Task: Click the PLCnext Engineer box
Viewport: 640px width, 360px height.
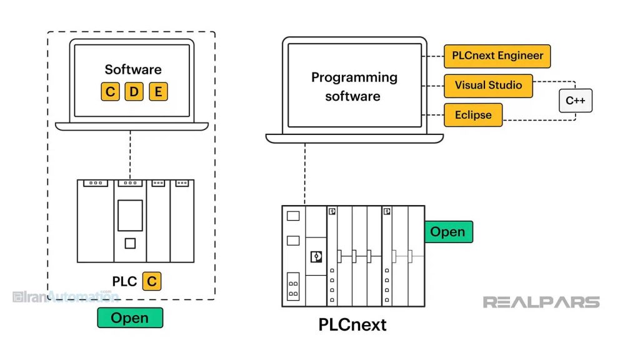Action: click(x=497, y=56)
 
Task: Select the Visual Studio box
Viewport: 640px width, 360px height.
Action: click(x=488, y=86)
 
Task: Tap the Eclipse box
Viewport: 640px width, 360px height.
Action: click(x=473, y=115)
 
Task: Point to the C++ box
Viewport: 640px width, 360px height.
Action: click(x=575, y=100)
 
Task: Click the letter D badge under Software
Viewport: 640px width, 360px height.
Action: click(x=134, y=92)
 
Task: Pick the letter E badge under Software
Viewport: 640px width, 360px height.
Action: click(x=158, y=92)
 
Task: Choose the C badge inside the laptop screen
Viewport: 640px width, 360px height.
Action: click(x=110, y=92)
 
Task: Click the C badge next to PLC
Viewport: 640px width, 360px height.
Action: click(x=151, y=281)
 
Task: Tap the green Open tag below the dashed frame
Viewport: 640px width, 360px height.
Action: click(x=130, y=317)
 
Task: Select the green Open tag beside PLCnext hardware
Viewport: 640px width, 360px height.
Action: click(x=447, y=232)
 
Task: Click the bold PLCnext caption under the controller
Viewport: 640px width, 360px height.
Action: click(x=352, y=325)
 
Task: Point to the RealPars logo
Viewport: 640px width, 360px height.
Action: click(x=541, y=302)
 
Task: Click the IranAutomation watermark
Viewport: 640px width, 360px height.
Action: click(x=65, y=297)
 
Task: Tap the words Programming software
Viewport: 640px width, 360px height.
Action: click(x=354, y=87)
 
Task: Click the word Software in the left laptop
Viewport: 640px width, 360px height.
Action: click(x=133, y=69)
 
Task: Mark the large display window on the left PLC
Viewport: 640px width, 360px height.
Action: click(x=130, y=215)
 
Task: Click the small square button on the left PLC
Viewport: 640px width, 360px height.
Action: click(x=130, y=243)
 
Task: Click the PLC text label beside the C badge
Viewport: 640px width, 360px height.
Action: click(x=124, y=281)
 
